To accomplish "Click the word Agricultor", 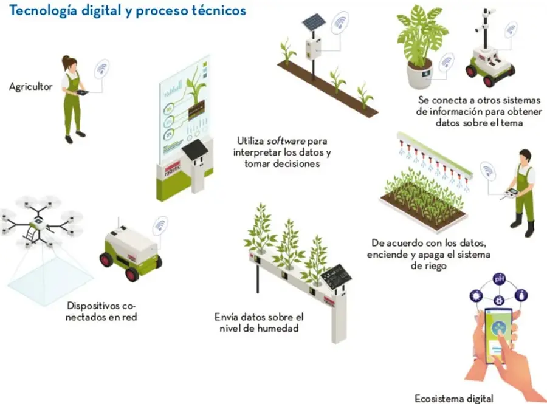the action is coord(31,87).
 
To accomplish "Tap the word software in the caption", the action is coord(286,141).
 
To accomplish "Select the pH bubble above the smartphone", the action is coord(499,279).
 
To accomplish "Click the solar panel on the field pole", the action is coord(314,22).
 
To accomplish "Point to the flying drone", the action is coord(40,222).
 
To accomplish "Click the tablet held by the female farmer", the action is coord(83,92).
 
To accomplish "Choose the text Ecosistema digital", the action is coord(454,398).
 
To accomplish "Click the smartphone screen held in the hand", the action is coord(499,335).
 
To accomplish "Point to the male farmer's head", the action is coord(525,157).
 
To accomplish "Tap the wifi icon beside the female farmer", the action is coord(101,69).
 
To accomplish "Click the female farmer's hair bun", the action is coord(65,60).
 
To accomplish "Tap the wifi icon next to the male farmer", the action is coord(487,171).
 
